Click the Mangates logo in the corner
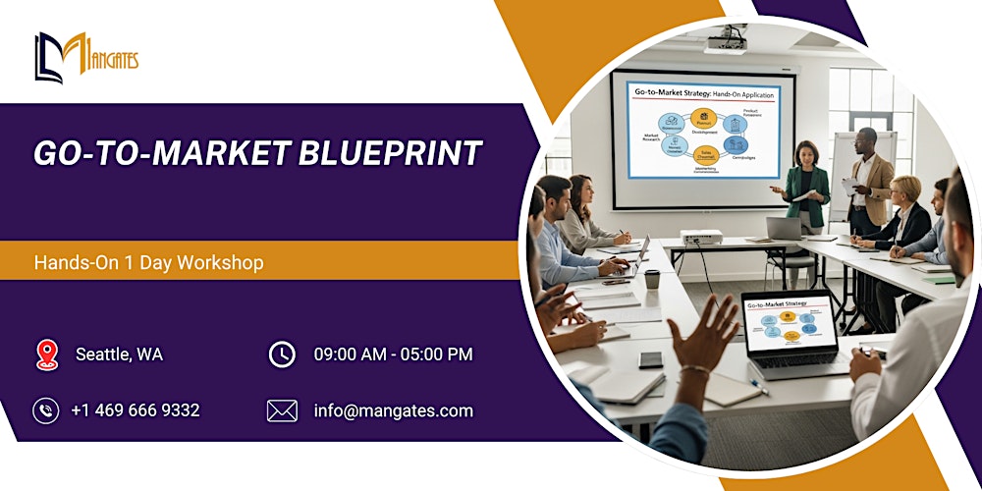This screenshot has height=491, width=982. click(86, 58)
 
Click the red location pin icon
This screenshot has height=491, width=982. click(46, 355)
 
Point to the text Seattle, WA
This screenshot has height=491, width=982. click(120, 355)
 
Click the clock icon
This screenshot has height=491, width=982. click(282, 355)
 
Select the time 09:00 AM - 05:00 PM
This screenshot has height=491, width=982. click(393, 355)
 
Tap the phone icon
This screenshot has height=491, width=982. click(46, 410)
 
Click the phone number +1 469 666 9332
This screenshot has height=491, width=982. click(136, 410)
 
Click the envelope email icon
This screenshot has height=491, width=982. click(282, 410)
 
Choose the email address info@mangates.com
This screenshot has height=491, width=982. click(393, 410)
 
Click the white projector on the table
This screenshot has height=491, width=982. click(701, 239)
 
